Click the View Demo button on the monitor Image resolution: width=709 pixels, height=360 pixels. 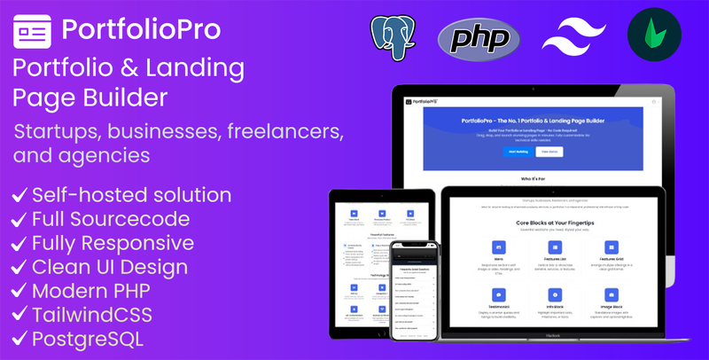point(549,152)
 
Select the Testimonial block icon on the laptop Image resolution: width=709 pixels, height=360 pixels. point(498,293)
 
